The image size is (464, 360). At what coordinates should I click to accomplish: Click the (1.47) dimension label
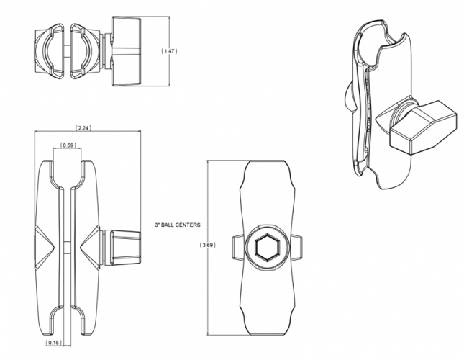click(169, 51)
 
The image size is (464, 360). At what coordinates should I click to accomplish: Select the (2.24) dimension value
click(83, 128)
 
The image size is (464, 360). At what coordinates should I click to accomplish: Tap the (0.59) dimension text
click(68, 145)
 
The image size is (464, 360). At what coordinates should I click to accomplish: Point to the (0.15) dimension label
click(53, 343)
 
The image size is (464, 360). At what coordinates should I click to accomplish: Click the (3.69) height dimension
click(207, 245)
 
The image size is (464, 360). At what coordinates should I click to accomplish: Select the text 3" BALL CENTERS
click(178, 225)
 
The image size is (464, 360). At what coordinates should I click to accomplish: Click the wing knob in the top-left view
click(125, 51)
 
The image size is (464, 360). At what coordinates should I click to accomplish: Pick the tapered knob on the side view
click(124, 248)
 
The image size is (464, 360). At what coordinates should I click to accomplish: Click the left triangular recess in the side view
click(45, 248)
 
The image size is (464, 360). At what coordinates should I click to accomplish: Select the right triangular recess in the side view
click(90, 248)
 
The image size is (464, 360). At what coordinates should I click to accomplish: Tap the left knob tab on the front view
click(237, 247)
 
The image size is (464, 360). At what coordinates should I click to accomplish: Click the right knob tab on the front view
click(297, 247)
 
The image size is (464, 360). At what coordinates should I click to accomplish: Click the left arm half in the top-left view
click(50, 51)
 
